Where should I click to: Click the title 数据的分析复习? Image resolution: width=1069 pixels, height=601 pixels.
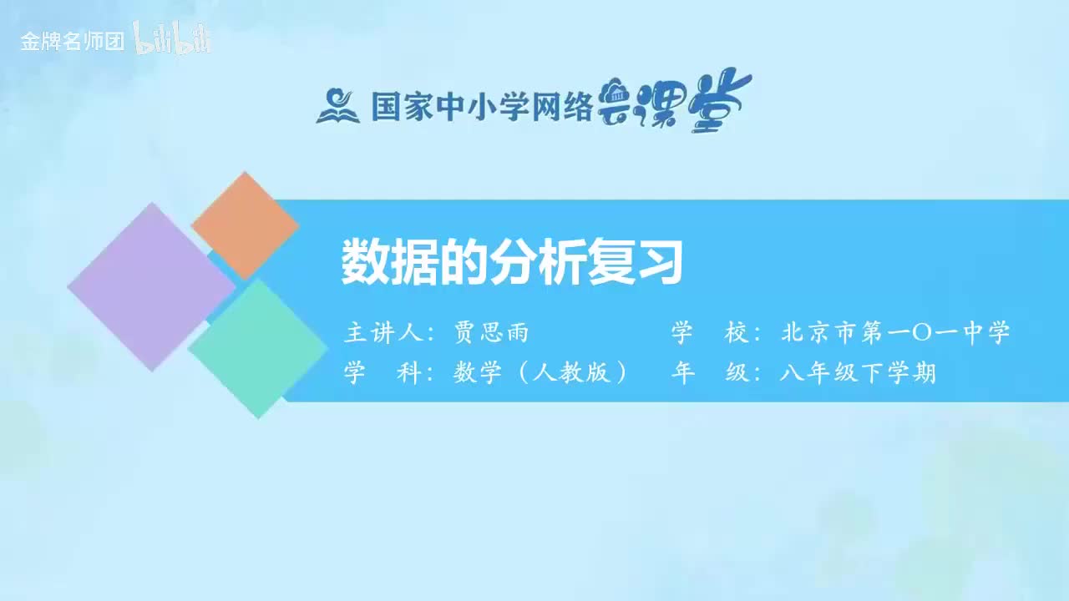coord(512,263)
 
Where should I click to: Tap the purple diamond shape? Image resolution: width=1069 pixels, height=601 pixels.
coord(151,286)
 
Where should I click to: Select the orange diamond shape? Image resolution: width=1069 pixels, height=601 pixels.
coord(245,225)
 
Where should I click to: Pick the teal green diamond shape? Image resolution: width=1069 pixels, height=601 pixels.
coord(258,348)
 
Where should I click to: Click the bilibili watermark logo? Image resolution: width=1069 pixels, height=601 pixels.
coord(172,40)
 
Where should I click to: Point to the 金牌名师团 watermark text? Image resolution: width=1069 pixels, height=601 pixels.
coord(73,42)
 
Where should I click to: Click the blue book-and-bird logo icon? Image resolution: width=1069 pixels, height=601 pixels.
coord(337,105)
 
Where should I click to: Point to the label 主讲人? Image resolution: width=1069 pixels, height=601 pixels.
coord(384,333)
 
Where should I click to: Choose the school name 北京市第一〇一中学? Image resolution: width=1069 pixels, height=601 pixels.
coord(895,333)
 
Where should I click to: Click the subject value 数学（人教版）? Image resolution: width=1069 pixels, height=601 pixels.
coord(541,372)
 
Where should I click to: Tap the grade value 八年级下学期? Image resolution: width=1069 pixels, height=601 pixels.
coord(858,372)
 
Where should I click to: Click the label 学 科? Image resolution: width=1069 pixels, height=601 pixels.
coord(384,372)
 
